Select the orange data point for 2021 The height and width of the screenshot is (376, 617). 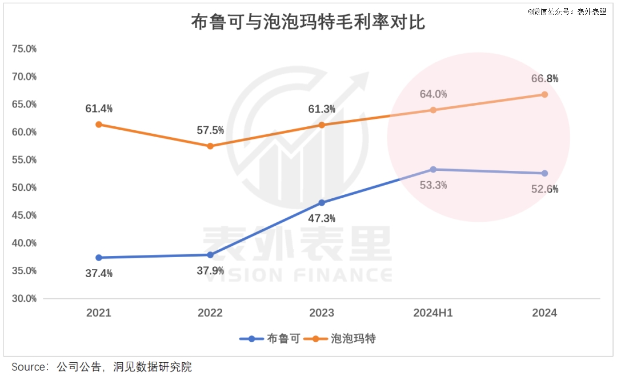click(x=99, y=124)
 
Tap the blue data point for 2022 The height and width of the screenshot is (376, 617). click(x=210, y=255)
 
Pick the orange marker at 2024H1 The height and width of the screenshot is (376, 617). click(x=433, y=110)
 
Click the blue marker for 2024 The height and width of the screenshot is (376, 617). click(x=544, y=173)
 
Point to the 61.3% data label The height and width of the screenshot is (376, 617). click(x=322, y=109)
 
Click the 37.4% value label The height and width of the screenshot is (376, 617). click(x=99, y=273)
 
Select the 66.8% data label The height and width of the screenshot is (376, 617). click(x=544, y=78)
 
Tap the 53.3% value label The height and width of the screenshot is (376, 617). click(x=433, y=185)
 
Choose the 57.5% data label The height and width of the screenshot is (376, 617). click(x=210, y=130)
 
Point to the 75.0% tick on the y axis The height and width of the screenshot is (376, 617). click(x=25, y=49)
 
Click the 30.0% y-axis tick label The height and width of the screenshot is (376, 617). click(x=25, y=298)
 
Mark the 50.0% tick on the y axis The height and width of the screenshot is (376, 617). click(x=25, y=187)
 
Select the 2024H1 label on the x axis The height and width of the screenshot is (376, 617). click(x=433, y=313)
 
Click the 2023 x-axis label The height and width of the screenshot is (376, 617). click(x=322, y=313)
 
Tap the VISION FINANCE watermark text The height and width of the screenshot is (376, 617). click(x=298, y=275)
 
